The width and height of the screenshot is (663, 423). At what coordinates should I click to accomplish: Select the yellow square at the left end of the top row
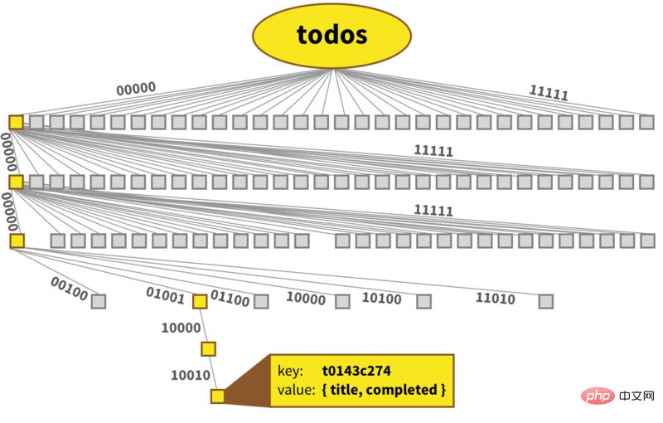(16, 122)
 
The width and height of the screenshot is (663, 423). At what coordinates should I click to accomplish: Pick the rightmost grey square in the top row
(647, 122)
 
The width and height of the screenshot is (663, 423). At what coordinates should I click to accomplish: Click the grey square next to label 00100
(99, 301)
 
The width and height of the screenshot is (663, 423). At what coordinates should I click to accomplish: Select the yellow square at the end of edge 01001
(200, 301)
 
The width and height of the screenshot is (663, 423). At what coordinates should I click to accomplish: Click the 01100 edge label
(230, 298)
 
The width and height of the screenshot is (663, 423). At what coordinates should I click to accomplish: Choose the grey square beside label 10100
(423, 301)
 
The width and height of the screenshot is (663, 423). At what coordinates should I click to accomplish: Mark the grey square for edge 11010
(545, 301)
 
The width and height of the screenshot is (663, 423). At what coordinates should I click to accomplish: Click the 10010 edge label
(191, 375)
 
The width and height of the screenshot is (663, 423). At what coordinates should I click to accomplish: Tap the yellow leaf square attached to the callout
(218, 396)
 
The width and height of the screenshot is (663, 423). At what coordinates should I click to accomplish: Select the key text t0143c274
(356, 371)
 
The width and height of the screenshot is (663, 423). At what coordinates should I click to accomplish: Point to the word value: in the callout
(297, 390)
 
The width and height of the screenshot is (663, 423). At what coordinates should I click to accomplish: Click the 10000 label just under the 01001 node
(181, 328)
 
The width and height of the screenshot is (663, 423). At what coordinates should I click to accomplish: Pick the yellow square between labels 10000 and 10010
(208, 349)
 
